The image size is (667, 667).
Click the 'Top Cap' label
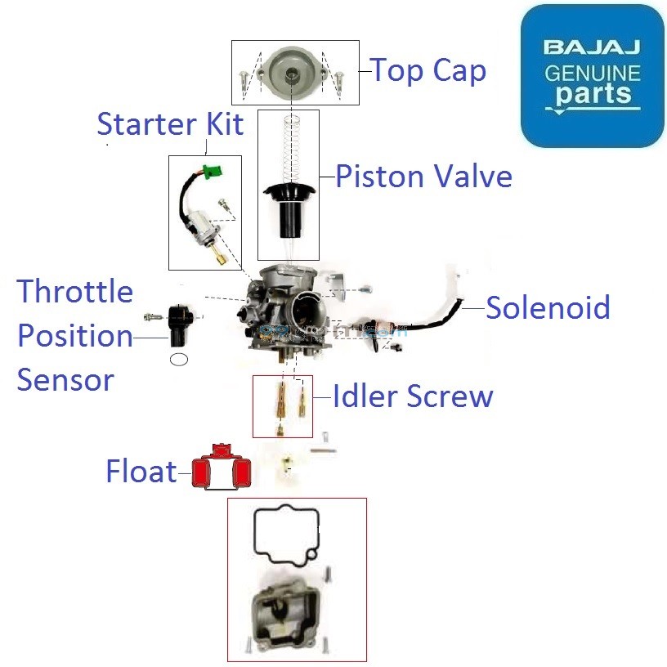pyautogui.click(x=428, y=71)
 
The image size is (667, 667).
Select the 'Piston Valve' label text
pyautogui.click(x=423, y=177)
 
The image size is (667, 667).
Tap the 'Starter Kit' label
pyautogui.click(x=170, y=124)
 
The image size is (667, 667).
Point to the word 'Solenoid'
pyautogui.click(x=548, y=308)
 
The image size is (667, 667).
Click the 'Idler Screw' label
pyautogui.click(x=413, y=396)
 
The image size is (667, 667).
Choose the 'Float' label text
pyautogui.click(x=141, y=472)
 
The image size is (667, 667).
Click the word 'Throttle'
pyautogui.click(x=75, y=291)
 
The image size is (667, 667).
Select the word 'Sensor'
pyautogui.click(x=65, y=379)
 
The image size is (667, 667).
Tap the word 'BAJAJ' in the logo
pyautogui.click(x=593, y=48)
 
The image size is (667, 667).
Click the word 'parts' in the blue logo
pyautogui.click(x=593, y=92)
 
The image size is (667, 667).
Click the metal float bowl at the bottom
pyautogui.click(x=286, y=613)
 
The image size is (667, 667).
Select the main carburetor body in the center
pyautogui.click(x=286, y=311)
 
